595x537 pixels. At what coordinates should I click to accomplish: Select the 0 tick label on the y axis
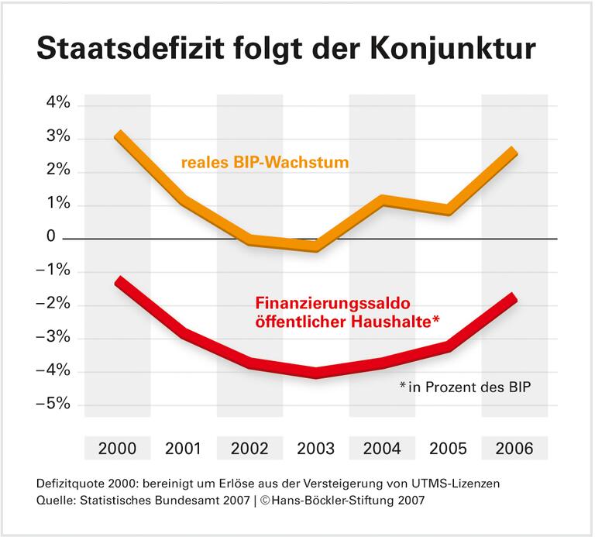click(x=50, y=237)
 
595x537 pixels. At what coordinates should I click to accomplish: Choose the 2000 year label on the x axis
click(x=118, y=449)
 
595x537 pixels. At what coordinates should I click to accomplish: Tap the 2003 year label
click(x=316, y=449)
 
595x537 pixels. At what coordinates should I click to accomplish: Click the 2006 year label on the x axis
click(x=514, y=449)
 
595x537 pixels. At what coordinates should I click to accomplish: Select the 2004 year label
click(x=382, y=449)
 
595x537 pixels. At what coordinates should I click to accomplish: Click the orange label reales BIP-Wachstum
click(x=265, y=164)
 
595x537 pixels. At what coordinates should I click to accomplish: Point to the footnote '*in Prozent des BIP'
click(x=463, y=386)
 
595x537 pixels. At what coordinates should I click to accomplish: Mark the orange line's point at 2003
click(x=316, y=247)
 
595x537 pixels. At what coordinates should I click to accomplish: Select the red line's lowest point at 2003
click(x=316, y=373)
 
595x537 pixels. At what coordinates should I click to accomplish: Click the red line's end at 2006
click(x=512, y=298)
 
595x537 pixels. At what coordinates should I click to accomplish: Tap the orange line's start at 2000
click(x=118, y=136)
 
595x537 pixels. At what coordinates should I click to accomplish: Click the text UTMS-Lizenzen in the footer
click(x=463, y=482)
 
